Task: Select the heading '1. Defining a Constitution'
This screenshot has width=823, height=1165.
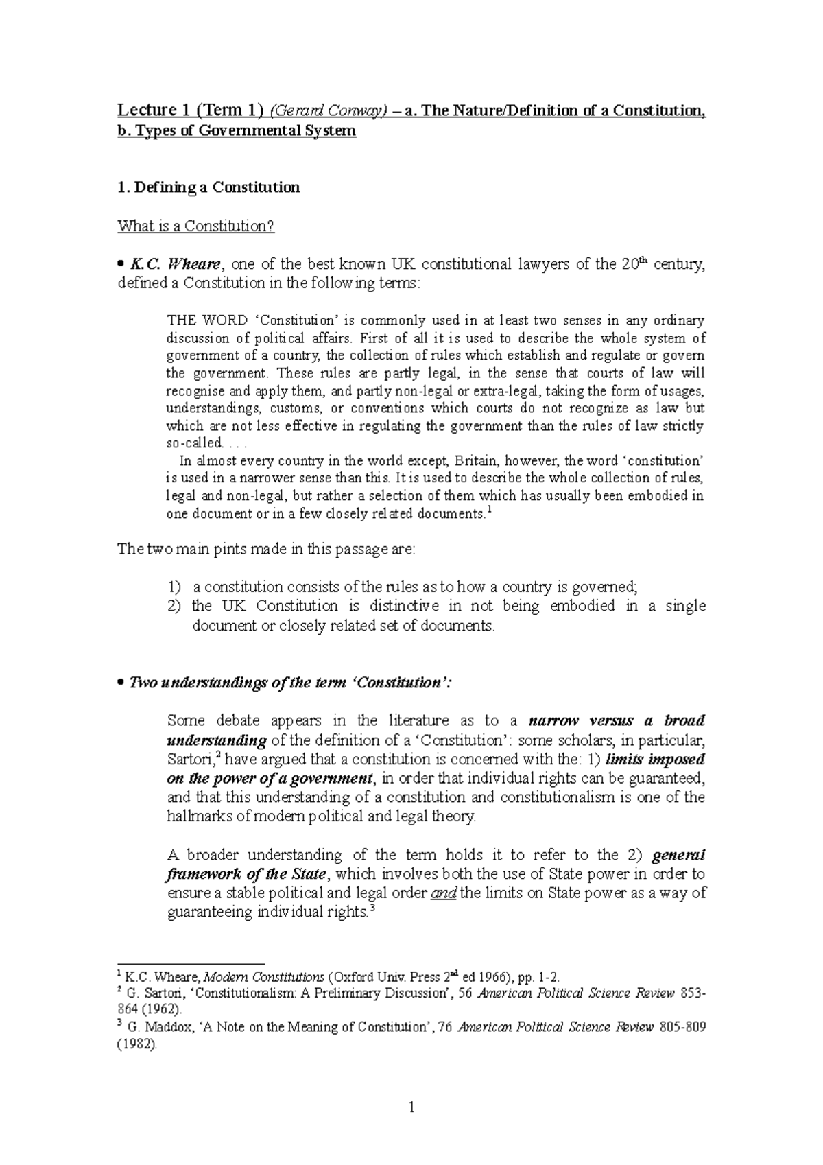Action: (x=208, y=187)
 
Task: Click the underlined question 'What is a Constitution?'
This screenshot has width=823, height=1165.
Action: (x=196, y=226)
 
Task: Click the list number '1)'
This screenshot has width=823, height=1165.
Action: (x=175, y=587)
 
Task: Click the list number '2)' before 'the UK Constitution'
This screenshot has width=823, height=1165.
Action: (x=175, y=607)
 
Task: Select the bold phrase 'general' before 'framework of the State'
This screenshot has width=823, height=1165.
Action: (x=678, y=856)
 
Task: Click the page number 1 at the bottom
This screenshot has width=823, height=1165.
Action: (x=411, y=1107)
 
